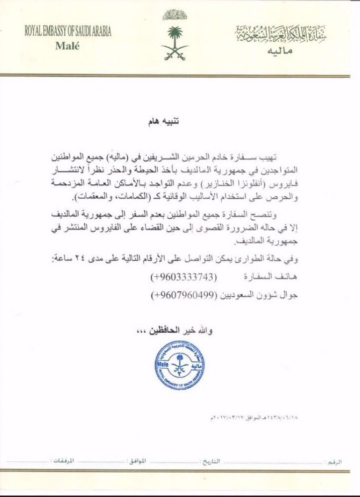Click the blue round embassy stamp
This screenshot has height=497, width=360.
pos(179,365)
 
